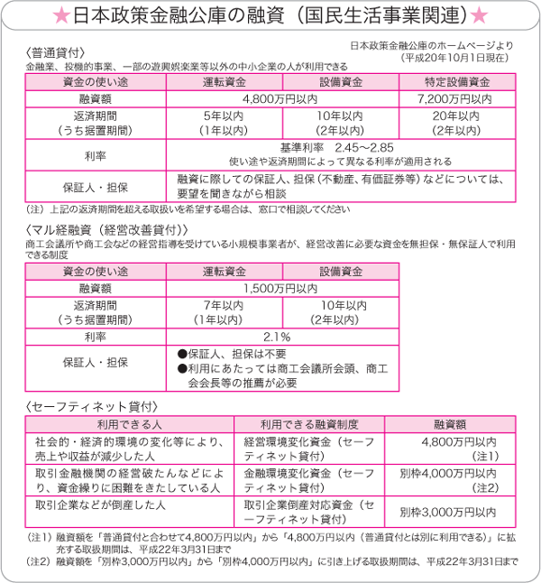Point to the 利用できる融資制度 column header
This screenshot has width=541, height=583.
click(309, 422)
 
